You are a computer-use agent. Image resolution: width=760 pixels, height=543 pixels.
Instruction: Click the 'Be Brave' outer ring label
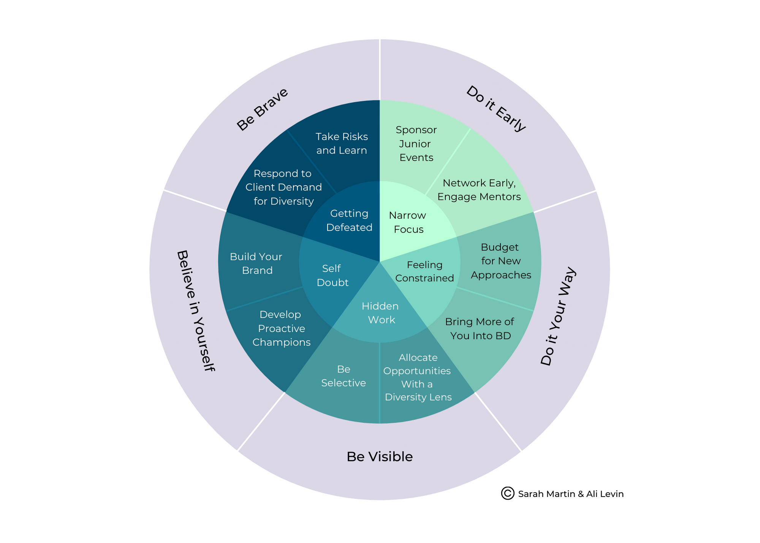[262, 110]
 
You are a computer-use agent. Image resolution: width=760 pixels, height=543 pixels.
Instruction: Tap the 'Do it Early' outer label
[496, 109]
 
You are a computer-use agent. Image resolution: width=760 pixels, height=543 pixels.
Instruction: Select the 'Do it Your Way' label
[558, 316]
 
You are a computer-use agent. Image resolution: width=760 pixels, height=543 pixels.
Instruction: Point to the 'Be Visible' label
[379, 457]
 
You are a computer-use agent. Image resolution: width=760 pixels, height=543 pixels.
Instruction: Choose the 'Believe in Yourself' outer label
[196, 311]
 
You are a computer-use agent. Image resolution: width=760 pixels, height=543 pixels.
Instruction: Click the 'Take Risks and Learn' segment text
[342, 143]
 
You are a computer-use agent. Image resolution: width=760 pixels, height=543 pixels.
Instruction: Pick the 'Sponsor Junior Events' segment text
[416, 144]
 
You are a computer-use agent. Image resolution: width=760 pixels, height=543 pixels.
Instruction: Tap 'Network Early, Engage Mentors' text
[479, 190]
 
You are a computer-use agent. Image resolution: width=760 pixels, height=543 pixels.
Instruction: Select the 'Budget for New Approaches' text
[500, 261]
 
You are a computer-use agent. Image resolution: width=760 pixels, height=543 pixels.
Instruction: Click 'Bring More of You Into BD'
[480, 329]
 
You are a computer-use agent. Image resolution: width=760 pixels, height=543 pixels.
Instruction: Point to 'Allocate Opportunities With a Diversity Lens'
[417, 377]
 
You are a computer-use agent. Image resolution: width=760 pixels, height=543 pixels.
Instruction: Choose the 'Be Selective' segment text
[344, 376]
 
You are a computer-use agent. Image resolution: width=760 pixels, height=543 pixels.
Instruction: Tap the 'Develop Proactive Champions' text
[281, 329]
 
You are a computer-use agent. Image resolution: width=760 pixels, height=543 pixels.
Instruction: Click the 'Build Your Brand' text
[256, 264]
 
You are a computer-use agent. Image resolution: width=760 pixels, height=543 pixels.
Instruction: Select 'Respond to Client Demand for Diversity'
[283, 187]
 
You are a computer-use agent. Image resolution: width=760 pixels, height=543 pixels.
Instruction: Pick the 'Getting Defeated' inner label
[349, 221]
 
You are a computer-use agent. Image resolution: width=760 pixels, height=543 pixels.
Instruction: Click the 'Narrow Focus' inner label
[408, 222]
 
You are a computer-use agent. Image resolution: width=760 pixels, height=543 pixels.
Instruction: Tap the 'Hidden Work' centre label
[380, 313]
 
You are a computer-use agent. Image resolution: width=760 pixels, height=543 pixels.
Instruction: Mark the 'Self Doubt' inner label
[332, 276]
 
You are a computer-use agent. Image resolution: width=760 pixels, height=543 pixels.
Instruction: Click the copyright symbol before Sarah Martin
[507, 493]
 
